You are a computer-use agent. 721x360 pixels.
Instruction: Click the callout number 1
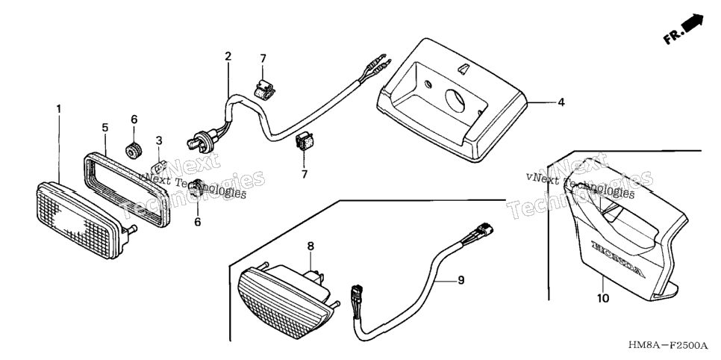[58, 109]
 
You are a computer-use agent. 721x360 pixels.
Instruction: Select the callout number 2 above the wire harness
[228, 57]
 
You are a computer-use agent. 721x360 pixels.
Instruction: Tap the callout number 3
[159, 140]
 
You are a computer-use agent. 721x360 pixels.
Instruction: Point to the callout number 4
[561, 102]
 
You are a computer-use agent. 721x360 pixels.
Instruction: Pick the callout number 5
[104, 128]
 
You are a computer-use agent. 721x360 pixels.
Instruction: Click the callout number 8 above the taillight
[310, 246]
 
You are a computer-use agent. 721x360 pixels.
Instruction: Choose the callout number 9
[461, 280]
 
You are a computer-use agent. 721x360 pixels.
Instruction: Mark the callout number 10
[603, 298]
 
